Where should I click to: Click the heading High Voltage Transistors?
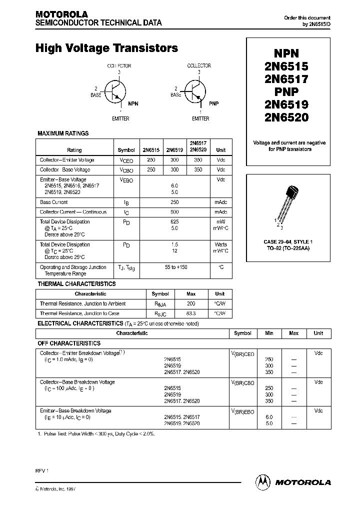click(x=106, y=48)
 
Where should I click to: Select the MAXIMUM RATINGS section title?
click(x=63, y=133)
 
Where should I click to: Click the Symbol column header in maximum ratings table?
click(x=126, y=150)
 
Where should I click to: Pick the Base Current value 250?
click(x=174, y=202)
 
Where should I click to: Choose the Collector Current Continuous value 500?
click(x=174, y=212)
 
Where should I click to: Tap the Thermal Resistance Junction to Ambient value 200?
click(x=190, y=304)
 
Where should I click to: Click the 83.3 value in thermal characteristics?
click(x=190, y=313)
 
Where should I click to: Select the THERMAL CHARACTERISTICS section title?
click(x=76, y=284)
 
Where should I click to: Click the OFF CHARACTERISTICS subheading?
click(x=69, y=343)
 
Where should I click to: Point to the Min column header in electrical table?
click(x=269, y=333)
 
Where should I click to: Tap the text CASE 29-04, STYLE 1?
click(x=287, y=242)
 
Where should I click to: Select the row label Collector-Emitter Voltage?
click(x=67, y=160)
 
